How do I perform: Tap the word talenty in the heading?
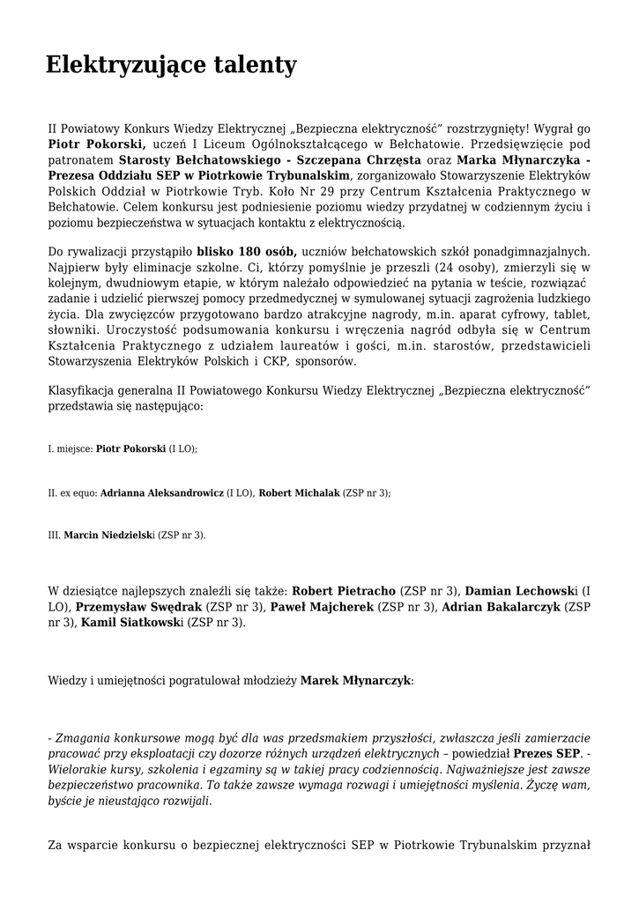[255, 65]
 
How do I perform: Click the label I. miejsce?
[70, 449]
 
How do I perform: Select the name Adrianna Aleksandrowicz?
[161, 493]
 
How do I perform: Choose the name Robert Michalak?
[299, 493]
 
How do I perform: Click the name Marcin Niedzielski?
[109, 536]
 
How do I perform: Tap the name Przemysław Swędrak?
[139, 607]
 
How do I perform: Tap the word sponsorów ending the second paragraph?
[327, 362]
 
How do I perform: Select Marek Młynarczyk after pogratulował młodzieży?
[356, 681]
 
